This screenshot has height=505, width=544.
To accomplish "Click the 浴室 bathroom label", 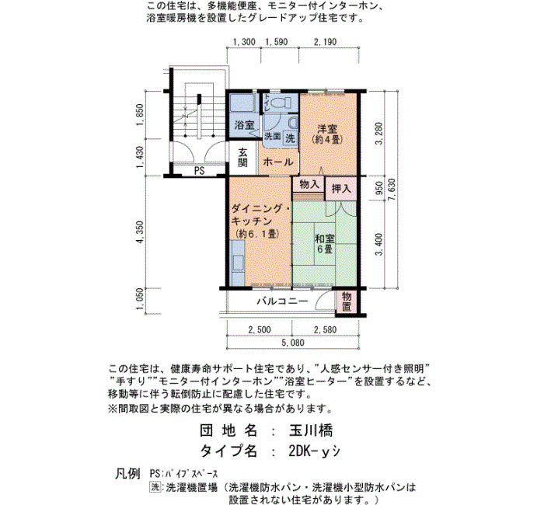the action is tap(244, 125).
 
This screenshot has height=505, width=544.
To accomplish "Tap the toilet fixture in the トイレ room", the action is tap(281, 103).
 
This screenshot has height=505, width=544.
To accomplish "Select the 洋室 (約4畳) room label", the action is tap(327, 134).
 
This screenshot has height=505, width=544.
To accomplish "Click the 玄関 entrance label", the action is tap(242, 158).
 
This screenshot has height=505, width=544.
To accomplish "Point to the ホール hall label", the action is tap(278, 162).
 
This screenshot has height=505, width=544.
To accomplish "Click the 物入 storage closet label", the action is tap(309, 184).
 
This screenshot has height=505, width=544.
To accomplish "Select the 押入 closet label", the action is tap(341, 188).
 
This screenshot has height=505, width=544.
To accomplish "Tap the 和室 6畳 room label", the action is tap(325, 244).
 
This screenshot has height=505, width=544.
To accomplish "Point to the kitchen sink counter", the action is tap(237, 263).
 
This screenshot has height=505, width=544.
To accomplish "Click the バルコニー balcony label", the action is tap(282, 301).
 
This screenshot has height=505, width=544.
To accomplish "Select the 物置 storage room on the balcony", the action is tap(347, 301).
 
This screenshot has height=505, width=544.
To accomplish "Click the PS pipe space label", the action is tap(199, 171).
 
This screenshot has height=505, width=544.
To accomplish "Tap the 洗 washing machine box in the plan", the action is tap(290, 138).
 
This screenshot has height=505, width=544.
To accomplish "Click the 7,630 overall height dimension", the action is tap(392, 196).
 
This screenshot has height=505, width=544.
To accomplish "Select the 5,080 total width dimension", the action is tap(293, 343).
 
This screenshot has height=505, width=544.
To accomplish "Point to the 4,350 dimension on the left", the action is tap(140, 232).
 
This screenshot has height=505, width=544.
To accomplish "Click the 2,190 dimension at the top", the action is tap(325, 42).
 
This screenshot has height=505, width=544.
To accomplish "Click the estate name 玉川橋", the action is tap(311, 430).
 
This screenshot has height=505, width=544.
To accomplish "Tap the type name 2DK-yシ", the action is tap(314, 451).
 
